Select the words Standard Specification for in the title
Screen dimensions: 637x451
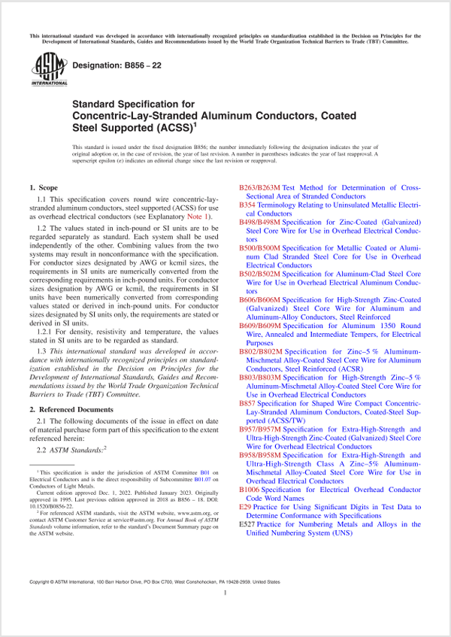134,104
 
